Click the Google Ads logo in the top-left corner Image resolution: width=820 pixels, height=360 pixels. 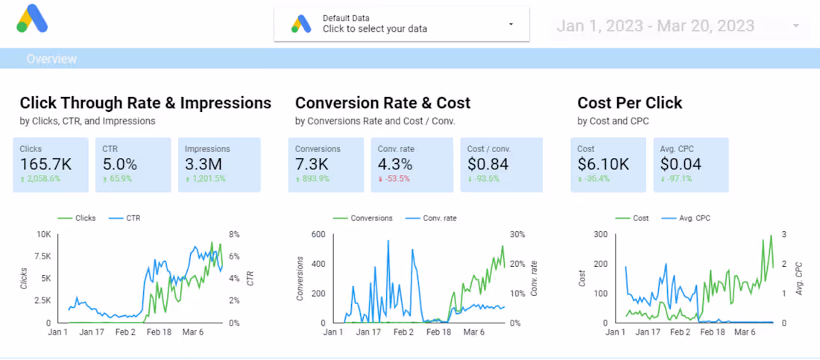pyautogui.click(x=32, y=19)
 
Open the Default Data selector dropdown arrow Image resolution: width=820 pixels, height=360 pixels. pyautogui.click(x=511, y=24)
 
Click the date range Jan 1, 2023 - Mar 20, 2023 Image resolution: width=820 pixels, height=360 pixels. pyautogui.click(x=655, y=26)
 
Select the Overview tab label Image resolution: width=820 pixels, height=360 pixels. pyautogui.click(x=51, y=59)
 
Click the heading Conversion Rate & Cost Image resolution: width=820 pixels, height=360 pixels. pyautogui.click(x=382, y=103)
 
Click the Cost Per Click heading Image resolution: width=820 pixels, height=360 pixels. pyautogui.click(x=629, y=103)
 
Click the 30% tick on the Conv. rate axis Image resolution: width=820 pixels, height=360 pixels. pyautogui.click(x=517, y=234)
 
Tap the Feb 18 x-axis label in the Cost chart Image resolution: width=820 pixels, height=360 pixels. pyautogui.click(x=715, y=332)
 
